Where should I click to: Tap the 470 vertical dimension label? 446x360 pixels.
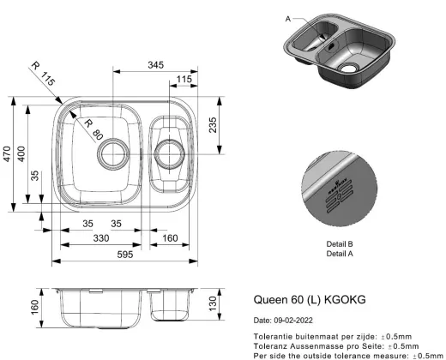[9, 154]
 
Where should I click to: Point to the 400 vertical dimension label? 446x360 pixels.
[32, 154]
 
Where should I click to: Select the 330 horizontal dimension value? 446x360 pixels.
[101, 237]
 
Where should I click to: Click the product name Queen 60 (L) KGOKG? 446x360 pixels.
[309, 301]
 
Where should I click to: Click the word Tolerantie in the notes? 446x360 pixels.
[274, 337]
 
